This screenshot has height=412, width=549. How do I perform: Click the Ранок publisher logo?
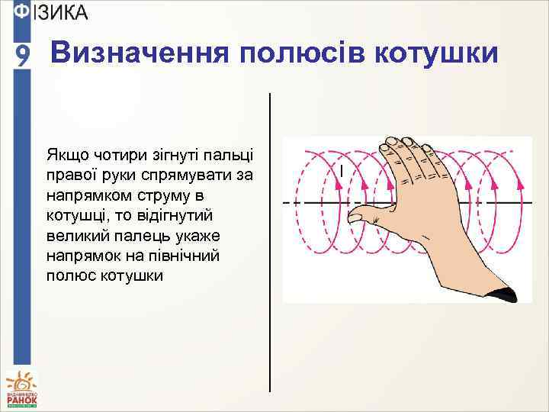[x=21, y=388]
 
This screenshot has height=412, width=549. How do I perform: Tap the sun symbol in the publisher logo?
[x=21, y=380]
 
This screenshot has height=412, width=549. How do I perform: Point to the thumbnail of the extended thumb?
[x=355, y=217]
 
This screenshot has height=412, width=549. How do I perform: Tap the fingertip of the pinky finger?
[x=390, y=142]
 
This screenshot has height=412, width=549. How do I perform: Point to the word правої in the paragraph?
[x=70, y=175]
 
